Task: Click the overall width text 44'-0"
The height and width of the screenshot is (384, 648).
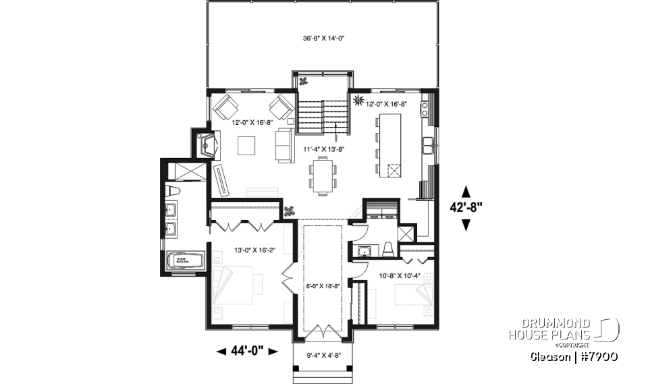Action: pyautogui.click(x=247, y=351)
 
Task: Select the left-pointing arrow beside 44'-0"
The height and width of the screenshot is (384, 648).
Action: pyautogui.click(x=221, y=351)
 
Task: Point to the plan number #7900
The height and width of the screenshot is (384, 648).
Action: pyautogui.click(x=597, y=356)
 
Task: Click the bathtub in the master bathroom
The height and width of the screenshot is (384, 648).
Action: pyautogui.click(x=184, y=260)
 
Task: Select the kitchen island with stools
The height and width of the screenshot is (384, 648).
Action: pyautogui.click(x=390, y=145)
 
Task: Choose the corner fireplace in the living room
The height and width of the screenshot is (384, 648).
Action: pyautogui.click(x=206, y=143)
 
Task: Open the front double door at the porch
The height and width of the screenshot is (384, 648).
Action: pyautogui.click(x=323, y=332)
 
